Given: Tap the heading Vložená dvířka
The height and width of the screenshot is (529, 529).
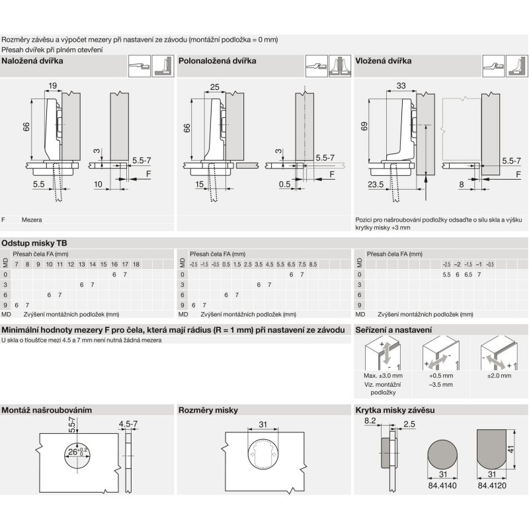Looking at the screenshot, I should tap(384, 60).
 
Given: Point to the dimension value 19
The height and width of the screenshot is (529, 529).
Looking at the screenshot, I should tap(53, 85).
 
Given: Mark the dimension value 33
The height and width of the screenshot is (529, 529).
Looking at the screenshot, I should tap(401, 85).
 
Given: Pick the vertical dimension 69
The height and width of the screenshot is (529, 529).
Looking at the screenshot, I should tap(364, 126).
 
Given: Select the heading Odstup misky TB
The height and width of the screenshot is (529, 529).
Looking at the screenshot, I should tap(32, 243).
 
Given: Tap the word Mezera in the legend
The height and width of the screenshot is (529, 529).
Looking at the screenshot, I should tap(31, 218).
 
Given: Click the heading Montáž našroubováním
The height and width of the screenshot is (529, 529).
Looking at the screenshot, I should tap(46, 410).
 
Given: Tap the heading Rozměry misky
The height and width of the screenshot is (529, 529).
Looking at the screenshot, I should tap(208, 410).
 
